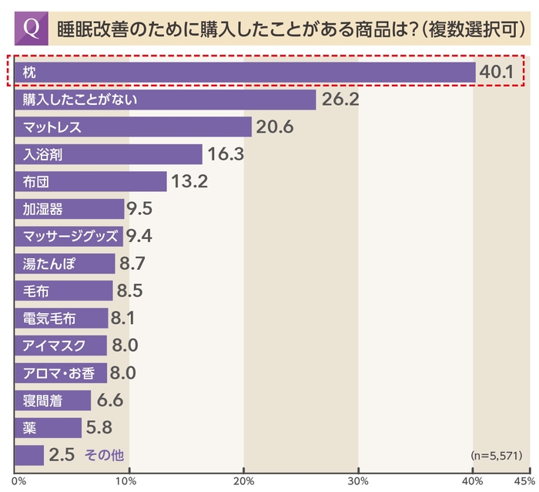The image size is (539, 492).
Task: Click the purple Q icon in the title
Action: click(32, 28)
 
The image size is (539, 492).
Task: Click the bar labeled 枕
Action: click(244, 71)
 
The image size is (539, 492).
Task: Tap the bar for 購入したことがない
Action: click(165, 99)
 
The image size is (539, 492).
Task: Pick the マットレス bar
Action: click(132, 126)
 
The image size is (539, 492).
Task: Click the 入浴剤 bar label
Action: click(43, 154)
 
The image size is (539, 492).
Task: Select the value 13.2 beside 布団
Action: click(189, 181)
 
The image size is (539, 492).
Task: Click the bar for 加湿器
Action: click(69, 209)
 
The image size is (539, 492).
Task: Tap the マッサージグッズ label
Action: click(69, 236)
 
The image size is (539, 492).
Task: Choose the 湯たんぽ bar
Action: click(65, 264)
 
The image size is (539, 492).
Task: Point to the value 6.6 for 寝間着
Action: click(109, 400)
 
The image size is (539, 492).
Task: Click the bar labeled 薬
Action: click(48, 427)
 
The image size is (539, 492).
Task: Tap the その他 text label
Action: click(103, 455)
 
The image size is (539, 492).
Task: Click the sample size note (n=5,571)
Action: click(494, 455)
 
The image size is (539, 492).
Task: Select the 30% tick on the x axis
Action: click(358, 482)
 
